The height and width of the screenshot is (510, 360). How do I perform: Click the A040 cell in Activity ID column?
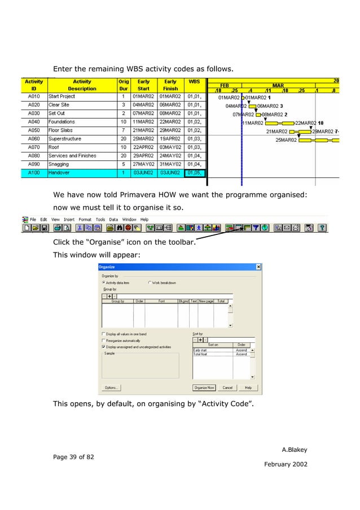33,122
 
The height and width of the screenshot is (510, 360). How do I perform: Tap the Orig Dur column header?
123,85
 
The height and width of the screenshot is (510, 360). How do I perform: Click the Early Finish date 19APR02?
170,139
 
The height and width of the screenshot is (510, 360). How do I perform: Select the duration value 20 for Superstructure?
123,139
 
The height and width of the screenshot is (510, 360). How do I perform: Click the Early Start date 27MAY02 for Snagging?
144,164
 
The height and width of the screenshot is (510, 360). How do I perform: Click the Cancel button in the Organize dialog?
227,388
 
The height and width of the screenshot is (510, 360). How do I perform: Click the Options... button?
111,388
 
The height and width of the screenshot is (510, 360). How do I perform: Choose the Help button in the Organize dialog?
248,388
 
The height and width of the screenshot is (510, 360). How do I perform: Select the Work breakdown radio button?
150,282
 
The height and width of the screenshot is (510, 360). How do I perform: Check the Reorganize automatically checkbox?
104,341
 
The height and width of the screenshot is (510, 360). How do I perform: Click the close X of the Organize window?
258,267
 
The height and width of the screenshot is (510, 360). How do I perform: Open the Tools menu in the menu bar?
100,219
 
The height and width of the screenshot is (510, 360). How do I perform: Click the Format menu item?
85,219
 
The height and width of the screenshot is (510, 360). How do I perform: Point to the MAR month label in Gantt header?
278,85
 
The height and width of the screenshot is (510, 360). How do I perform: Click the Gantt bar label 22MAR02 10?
309,123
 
